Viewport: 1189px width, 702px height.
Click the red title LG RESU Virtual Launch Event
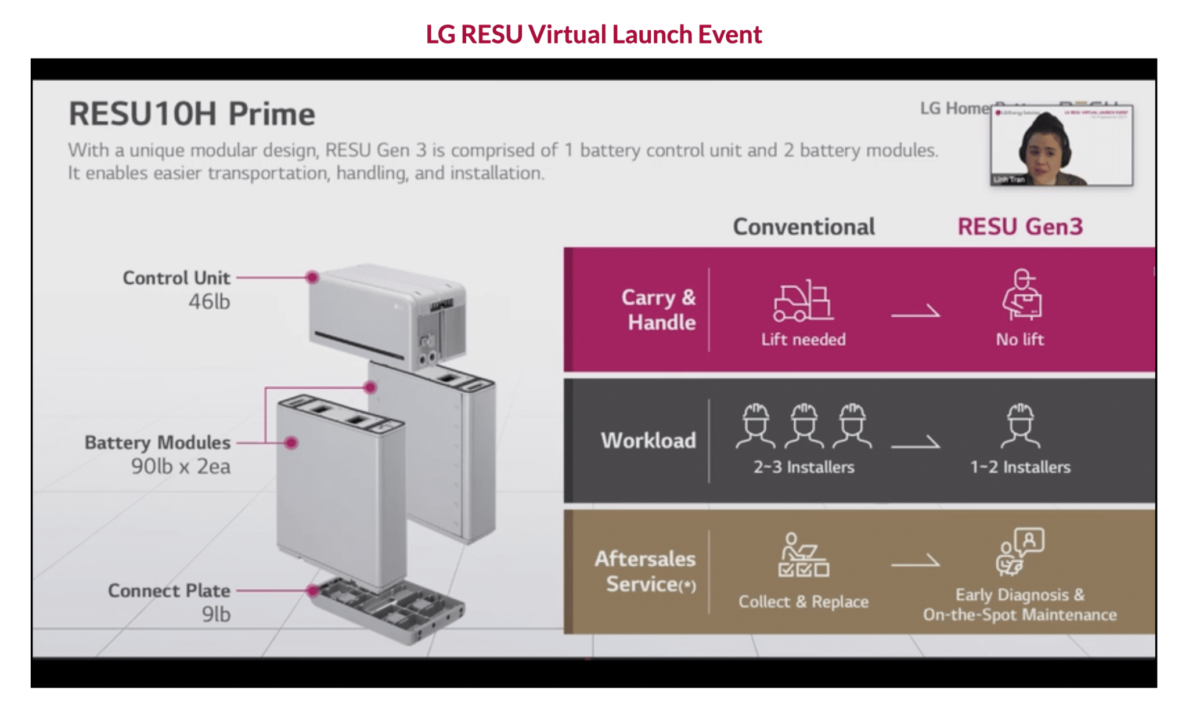tap(593, 34)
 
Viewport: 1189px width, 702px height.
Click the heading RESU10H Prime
tap(192, 114)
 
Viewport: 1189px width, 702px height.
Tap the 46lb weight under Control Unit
tap(209, 302)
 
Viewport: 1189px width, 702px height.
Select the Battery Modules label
tap(157, 443)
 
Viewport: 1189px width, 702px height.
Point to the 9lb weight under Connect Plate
tap(216, 614)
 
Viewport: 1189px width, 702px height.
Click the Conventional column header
tap(804, 227)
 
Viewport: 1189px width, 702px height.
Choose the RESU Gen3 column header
tap(1020, 227)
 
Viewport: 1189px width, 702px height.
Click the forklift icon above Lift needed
tap(803, 302)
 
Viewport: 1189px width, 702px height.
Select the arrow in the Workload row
tap(916, 443)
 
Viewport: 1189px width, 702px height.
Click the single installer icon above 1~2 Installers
tap(1020, 426)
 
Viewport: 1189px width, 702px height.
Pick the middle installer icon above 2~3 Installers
tap(804, 426)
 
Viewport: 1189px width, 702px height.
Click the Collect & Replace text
tap(804, 602)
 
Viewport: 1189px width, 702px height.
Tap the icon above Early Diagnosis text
tap(1020, 552)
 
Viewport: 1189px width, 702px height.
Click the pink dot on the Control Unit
tap(312, 277)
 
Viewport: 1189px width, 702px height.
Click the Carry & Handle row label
tap(659, 310)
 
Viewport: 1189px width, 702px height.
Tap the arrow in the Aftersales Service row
tap(916, 562)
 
